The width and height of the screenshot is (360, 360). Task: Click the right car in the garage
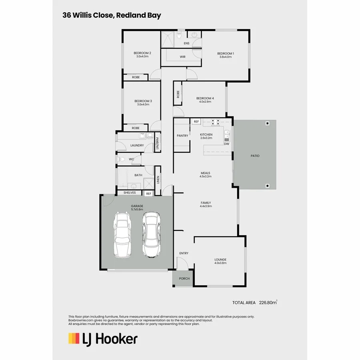[x=150, y=235]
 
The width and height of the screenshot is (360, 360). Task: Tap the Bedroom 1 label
[x=225, y=53]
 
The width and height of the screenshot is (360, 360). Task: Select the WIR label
[x=182, y=57]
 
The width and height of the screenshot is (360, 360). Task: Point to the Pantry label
[x=182, y=136]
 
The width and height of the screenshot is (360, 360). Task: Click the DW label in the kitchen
[x=226, y=144]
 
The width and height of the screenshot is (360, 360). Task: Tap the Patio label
[x=255, y=156]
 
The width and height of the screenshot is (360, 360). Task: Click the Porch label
[x=184, y=279]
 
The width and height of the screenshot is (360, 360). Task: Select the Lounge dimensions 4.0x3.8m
[x=220, y=263]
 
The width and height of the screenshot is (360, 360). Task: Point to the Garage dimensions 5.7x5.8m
[x=137, y=209]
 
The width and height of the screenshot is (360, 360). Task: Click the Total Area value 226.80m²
[x=268, y=303]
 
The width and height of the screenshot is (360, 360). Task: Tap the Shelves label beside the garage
[x=130, y=193]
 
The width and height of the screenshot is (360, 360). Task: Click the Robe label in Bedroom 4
[x=178, y=94]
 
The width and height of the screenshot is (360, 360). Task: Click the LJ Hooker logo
[x=103, y=339]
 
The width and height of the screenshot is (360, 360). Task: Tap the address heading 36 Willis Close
[x=112, y=16]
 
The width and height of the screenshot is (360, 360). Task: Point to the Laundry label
[x=137, y=145]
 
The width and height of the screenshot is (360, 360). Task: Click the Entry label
[x=184, y=253]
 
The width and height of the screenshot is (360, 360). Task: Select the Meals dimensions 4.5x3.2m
[x=206, y=176]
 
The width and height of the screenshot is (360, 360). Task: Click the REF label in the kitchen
[x=196, y=121]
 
